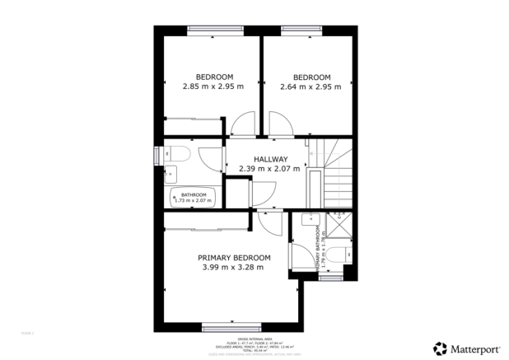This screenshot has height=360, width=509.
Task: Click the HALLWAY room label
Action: coord(270,159)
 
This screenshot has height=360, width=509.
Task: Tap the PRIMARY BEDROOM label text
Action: coord(233,257)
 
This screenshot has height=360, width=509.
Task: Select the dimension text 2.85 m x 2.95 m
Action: coord(213,86)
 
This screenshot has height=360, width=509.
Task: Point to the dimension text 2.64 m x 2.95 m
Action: coord(311,86)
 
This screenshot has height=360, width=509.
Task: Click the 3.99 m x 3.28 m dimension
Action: coord(233,267)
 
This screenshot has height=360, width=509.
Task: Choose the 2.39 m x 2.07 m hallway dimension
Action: coord(270,169)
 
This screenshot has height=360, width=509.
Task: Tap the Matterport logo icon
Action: coord(441,348)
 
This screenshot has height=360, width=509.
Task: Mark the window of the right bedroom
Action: coord(301,30)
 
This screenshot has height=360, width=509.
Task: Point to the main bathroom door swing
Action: coord(212,159)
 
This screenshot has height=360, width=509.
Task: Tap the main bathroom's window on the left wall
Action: coord(157,155)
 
